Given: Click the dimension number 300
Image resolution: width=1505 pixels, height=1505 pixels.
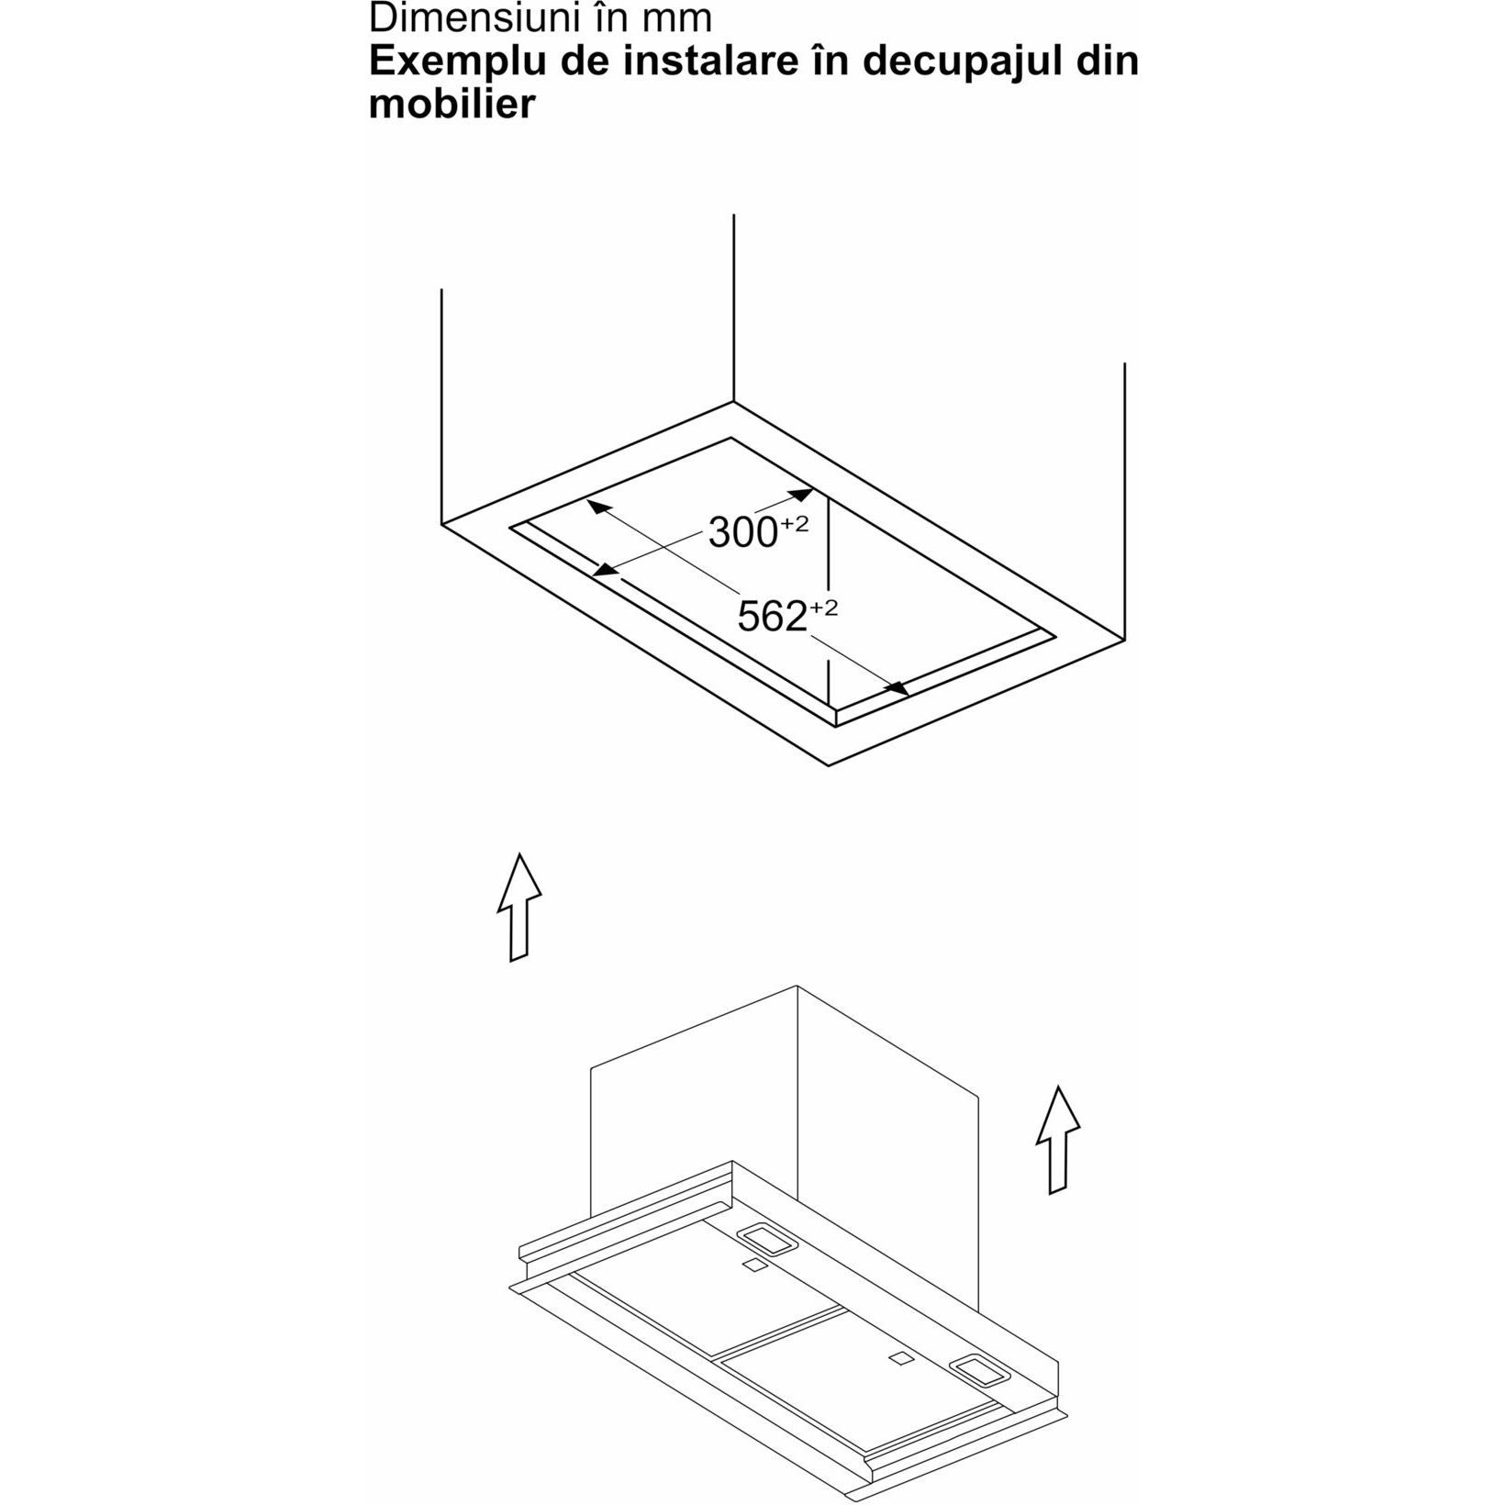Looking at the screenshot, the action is click(x=743, y=532).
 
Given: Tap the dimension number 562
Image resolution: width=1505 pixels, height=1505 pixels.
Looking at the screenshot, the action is click(x=773, y=617).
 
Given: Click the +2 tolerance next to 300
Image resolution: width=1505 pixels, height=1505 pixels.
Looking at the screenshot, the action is click(x=795, y=524).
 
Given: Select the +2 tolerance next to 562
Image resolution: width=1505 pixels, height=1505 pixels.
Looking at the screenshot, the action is click(x=824, y=608).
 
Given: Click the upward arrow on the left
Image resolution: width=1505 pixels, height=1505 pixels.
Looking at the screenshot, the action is click(x=518, y=908).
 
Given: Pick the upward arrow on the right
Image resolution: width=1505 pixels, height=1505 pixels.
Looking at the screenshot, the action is click(x=1058, y=1140).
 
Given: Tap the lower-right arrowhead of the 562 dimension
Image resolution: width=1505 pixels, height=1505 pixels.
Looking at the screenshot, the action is click(x=897, y=687).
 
